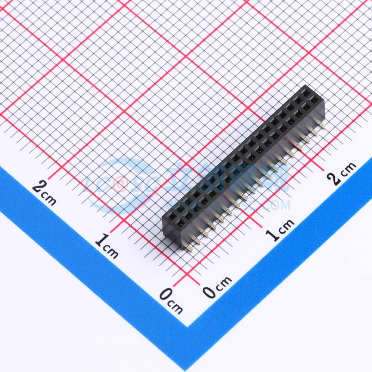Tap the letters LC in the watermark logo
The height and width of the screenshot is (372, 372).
[99, 183]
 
